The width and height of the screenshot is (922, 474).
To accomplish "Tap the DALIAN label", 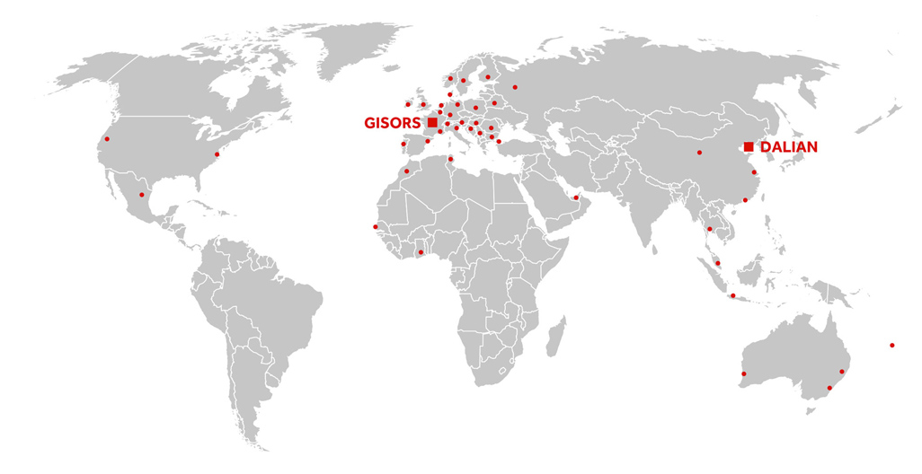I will tap(790, 146).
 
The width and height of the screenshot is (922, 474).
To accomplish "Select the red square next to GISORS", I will tap(432, 122).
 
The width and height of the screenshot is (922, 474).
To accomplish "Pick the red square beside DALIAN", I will tap(749, 146).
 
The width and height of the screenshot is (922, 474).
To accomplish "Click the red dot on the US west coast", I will tap(108, 139).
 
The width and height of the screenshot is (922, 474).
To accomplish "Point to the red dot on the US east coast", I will tap(217, 154).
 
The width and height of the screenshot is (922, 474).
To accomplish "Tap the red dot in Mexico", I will tap(141, 195).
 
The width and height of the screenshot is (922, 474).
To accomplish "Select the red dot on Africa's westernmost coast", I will tap(376, 226).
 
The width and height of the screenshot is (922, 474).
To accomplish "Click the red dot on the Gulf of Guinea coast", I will tap(421, 252).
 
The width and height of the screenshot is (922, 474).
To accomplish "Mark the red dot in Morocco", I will tap(407, 171).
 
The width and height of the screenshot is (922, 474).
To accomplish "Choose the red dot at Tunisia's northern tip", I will tap(451, 159).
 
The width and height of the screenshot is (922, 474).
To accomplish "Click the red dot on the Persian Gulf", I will tap(576, 197).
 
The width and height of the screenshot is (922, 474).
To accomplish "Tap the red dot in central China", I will tap(699, 153).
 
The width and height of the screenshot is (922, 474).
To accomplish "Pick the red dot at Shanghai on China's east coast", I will tap(755, 172).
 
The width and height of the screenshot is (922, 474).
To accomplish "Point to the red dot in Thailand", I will tap(709, 229).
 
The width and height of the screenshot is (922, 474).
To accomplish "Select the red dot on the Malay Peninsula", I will tap(717, 263).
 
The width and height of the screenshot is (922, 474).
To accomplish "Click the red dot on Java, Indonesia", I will tap(733, 295).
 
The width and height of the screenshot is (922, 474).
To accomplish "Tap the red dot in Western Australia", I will tap(743, 373).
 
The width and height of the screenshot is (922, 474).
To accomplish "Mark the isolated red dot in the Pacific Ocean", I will tap(892, 345).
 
